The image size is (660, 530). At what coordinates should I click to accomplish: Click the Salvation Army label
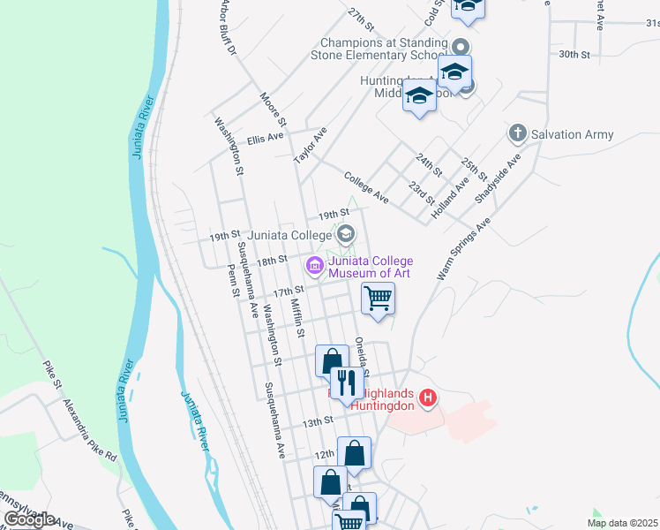click(573, 134)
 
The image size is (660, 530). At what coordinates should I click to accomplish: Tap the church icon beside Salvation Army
click(518, 134)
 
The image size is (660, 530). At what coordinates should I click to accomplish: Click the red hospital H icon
click(428, 398)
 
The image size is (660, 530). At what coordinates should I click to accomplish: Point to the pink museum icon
click(314, 265)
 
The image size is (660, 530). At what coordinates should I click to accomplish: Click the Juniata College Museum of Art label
click(371, 267)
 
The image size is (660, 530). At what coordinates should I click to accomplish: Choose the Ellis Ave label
click(265, 139)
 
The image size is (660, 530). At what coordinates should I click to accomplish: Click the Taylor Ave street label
click(311, 144)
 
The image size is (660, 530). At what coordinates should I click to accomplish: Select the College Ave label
click(367, 187)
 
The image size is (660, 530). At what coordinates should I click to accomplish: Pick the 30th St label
click(574, 55)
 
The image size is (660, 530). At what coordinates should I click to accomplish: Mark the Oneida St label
click(361, 355)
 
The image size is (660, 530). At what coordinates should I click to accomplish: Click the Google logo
click(29, 519)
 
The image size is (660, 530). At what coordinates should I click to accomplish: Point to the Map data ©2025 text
click(622, 523)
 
